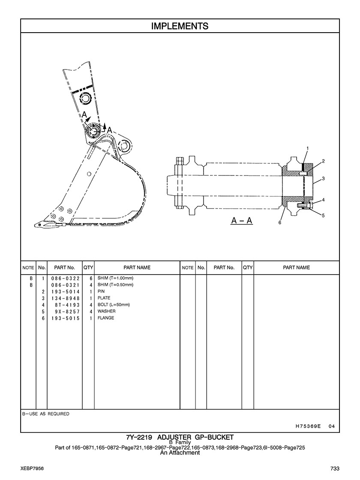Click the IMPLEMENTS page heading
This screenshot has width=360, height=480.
[180, 26]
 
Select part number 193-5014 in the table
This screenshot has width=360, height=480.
[65, 291]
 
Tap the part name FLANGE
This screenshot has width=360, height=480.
[106, 318]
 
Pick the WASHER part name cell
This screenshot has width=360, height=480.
[106, 311]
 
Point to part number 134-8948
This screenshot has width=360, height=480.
[65, 298]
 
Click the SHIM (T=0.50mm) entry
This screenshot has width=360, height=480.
[115, 285]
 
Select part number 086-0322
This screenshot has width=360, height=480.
[65, 278]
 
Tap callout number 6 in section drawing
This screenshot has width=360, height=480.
[279, 223]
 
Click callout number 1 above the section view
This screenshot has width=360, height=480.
[307, 148]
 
